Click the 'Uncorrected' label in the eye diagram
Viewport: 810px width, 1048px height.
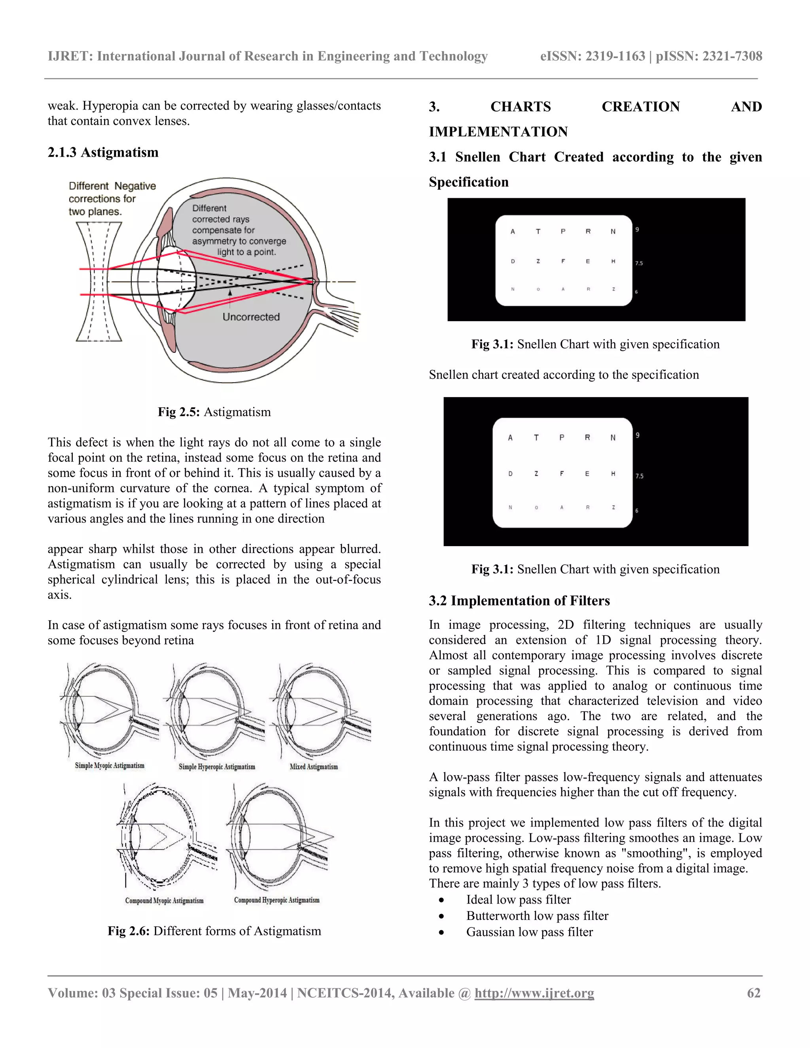point(251,317)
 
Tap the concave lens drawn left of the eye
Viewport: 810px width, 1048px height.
point(99,282)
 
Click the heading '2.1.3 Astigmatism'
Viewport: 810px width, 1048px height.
point(103,152)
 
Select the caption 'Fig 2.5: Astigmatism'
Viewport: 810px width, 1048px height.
point(214,412)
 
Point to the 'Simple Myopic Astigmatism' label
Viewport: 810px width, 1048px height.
point(110,765)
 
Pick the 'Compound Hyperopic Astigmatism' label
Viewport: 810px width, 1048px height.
point(276,900)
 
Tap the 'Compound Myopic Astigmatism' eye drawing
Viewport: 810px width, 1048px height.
point(166,837)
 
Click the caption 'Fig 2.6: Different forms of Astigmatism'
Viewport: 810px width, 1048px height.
point(214,931)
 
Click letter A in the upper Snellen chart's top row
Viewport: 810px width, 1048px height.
point(513,231)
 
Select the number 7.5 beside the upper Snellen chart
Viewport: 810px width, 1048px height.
point(639,263)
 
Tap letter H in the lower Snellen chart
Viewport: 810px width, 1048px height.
point(613,474)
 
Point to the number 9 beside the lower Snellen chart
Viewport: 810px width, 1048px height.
point(637,435)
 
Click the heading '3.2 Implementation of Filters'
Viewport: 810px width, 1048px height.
point(519,600)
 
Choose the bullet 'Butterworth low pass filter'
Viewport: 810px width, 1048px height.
point(537,916)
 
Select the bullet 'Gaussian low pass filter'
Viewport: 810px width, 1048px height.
point(529,932)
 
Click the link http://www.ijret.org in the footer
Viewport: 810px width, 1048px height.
point(534,993)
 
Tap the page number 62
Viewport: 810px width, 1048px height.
point(753,993)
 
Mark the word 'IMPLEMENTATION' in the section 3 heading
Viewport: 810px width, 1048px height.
point(498,131)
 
